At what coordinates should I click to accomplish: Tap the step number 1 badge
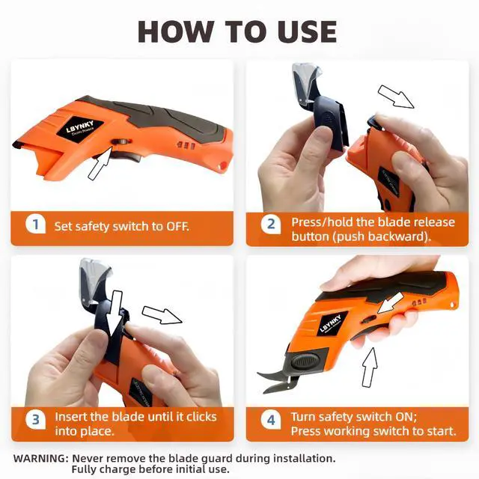coord(35,224)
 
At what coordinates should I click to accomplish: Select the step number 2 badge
coord(271,225)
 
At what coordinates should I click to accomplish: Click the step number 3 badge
coord(35,420)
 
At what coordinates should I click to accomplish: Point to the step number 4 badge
coord(271,421)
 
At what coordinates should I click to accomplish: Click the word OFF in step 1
coord(177,227)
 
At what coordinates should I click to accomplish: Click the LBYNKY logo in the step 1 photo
coord(80,128)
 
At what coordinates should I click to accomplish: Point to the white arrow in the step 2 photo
coord(396,97)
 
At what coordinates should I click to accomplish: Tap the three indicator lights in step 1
coord(186,145)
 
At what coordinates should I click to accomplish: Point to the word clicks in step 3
coord(201,417)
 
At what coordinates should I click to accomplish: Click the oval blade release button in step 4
coord(305,361)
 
